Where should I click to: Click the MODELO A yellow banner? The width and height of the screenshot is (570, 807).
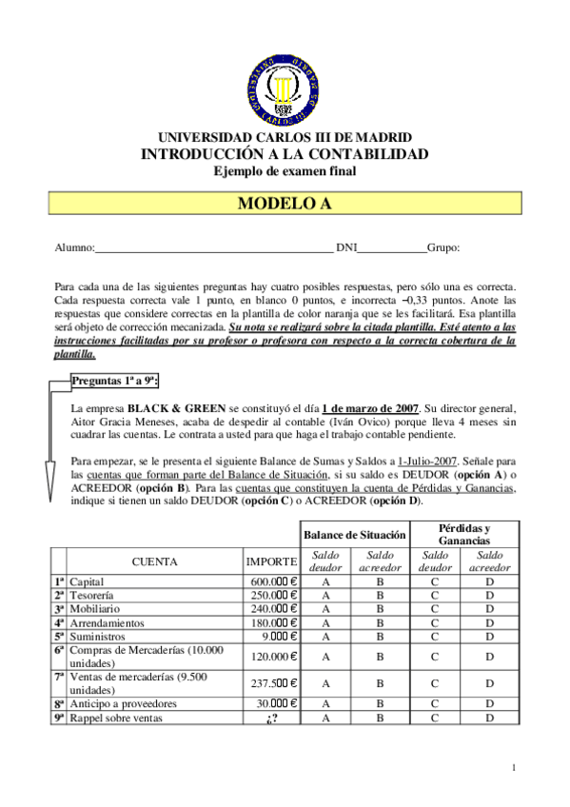pyautogui.click(x=285, y=204)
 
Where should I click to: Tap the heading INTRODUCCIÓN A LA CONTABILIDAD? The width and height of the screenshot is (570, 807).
pyautogui.click(x=285, y=154)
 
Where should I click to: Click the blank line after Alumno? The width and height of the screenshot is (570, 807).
pyautogui.click(x=214, y=249)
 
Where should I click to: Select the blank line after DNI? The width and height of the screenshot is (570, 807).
pyautogui.click(x=393, y=249)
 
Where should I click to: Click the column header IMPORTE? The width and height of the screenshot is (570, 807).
pyautogui.click(x=271, y=562)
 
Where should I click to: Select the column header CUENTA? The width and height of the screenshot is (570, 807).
pyautogui.click(x=154, y=562)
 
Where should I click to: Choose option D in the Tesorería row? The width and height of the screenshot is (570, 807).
pyautogui.click(x=490, y=596)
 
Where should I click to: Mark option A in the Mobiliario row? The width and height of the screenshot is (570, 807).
pyautogui.click(x=325, y=609)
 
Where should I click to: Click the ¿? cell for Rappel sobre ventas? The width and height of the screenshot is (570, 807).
pyautogui.click(x=271, y=718)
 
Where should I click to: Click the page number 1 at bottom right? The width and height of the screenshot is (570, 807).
pyautogui.click(x=513, y=767)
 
